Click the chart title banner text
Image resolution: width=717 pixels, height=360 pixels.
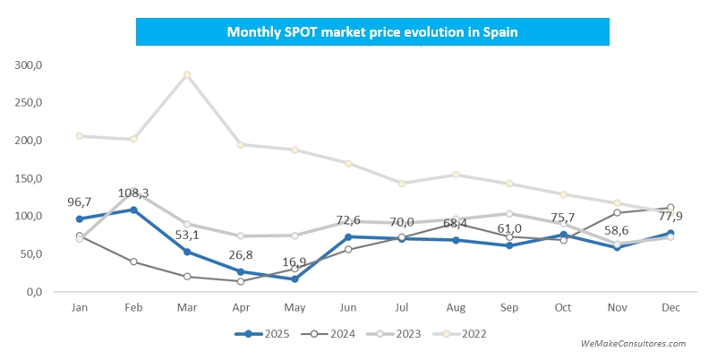click(372, 31)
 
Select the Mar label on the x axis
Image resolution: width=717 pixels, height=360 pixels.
click(187, 306)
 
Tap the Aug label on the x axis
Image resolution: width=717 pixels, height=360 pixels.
click(456, 306)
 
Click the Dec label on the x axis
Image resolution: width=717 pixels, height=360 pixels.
click(670, 306)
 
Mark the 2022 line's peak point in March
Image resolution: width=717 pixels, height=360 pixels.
click(187, 75)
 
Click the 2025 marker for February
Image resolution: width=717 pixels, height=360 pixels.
click(133, 210)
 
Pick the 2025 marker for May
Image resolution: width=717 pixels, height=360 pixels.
click(294, 279)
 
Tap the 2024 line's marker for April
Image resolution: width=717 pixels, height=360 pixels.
click(241, 281)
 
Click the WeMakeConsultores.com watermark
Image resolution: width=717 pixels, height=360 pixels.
click(633, 343)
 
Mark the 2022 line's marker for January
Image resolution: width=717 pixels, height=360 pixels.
click(80, 136)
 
